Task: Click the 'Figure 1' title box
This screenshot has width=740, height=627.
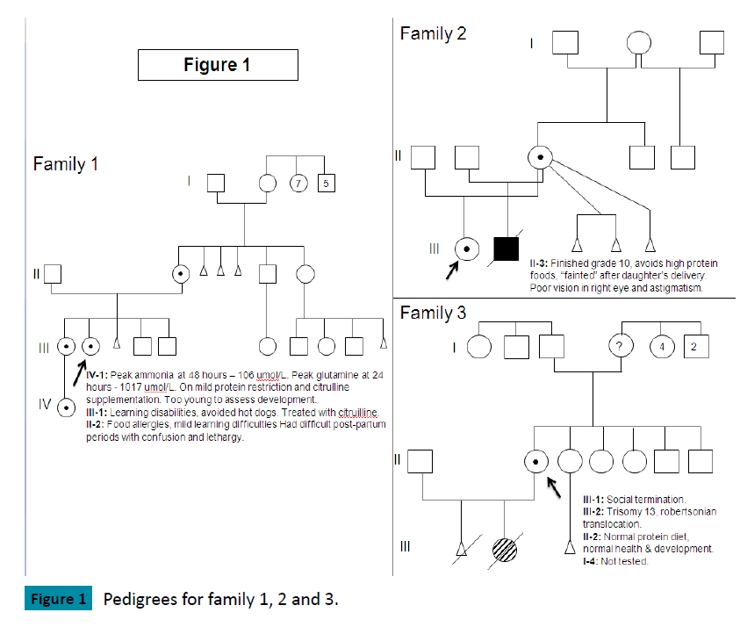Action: pos(218,65)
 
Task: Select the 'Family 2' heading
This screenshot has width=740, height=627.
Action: pos(433,34)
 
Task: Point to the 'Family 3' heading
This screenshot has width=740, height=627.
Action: pos(433,313)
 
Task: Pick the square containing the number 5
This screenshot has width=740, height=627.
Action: pos(326,184)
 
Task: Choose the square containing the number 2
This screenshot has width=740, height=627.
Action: pos(693,346)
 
